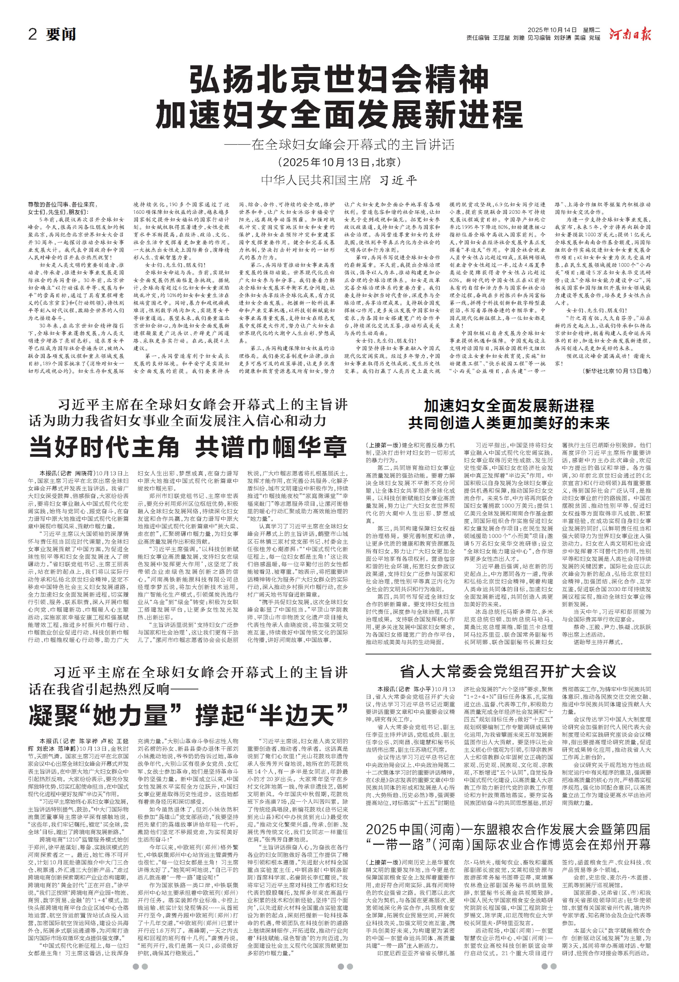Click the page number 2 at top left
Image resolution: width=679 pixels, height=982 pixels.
pos(32,34)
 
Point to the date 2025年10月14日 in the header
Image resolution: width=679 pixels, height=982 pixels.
pos(552,30)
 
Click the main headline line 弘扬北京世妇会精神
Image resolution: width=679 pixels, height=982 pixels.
pos(339,81)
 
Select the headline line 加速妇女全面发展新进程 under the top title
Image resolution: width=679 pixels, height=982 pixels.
pos(339,115)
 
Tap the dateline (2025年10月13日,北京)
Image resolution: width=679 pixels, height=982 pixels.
pos(339,163)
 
